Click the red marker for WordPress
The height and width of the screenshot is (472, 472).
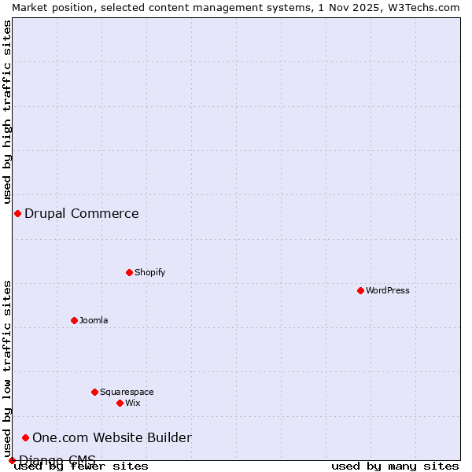(x=360, y=290)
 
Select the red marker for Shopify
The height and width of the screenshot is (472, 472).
(x=129, y=272)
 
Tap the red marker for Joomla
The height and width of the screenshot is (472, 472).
(x=74, y=320)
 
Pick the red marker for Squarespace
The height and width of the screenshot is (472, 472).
(x=94, y=392)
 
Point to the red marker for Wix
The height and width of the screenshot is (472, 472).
(x=120, y=403)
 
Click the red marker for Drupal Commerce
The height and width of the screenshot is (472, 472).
(x=17, y=213)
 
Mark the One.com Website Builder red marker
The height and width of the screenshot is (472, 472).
(x=25, y=437)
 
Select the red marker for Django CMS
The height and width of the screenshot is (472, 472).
(x=12, y=460)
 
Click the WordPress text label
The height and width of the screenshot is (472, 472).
(x=388, y=290)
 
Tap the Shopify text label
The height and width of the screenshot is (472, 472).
(x=149, y=272)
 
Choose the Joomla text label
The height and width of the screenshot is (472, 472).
(x=94, y=320)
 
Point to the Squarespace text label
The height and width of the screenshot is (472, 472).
(x=127, y=392)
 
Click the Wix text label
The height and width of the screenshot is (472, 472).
(x=132, y=403)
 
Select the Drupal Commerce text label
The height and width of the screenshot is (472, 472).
(x=81, y=213)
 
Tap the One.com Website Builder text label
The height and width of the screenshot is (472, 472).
(x=112, y=437)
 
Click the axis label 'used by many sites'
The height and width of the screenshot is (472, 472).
(x=394, y=466)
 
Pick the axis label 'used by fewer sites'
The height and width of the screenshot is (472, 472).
(x=82, y=466)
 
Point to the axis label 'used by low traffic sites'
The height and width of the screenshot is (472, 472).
(x=7, y=368)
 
